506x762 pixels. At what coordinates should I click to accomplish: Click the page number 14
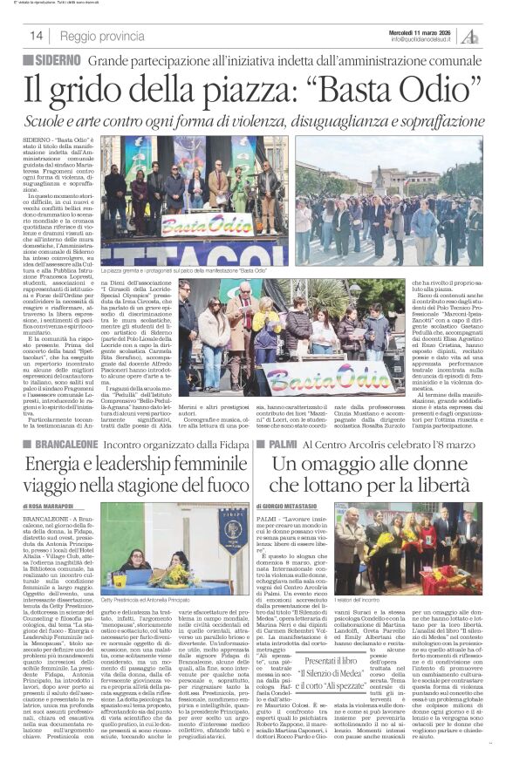[36, 36]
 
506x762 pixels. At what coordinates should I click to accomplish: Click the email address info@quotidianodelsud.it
[424, 39]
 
